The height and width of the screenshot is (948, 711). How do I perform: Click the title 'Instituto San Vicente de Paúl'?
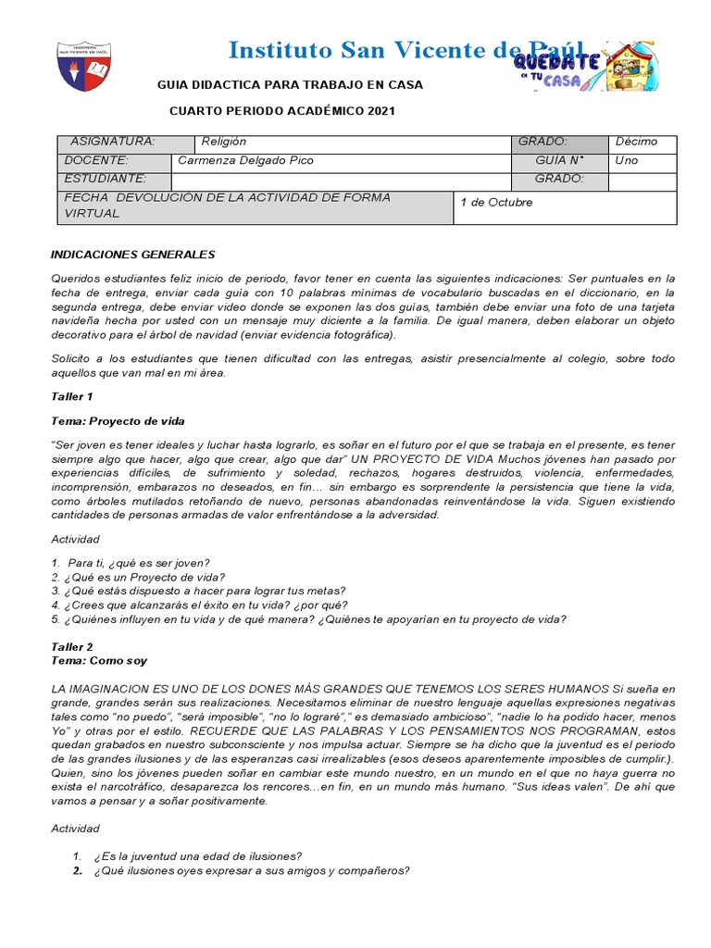coord(405,50)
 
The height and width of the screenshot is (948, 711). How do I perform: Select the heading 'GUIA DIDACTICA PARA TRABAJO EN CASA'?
coord(290,84)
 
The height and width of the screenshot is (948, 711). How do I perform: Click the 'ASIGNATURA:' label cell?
coord(113,142)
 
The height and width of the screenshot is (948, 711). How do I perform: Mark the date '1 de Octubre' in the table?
coord(497,203)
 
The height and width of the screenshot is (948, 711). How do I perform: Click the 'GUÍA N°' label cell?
coord(560,160)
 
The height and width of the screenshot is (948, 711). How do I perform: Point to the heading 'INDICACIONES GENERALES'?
coord(131,254)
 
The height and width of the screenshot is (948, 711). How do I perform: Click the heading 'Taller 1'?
coord(71,396)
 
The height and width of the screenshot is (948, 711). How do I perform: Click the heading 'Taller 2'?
coord(71,646)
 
